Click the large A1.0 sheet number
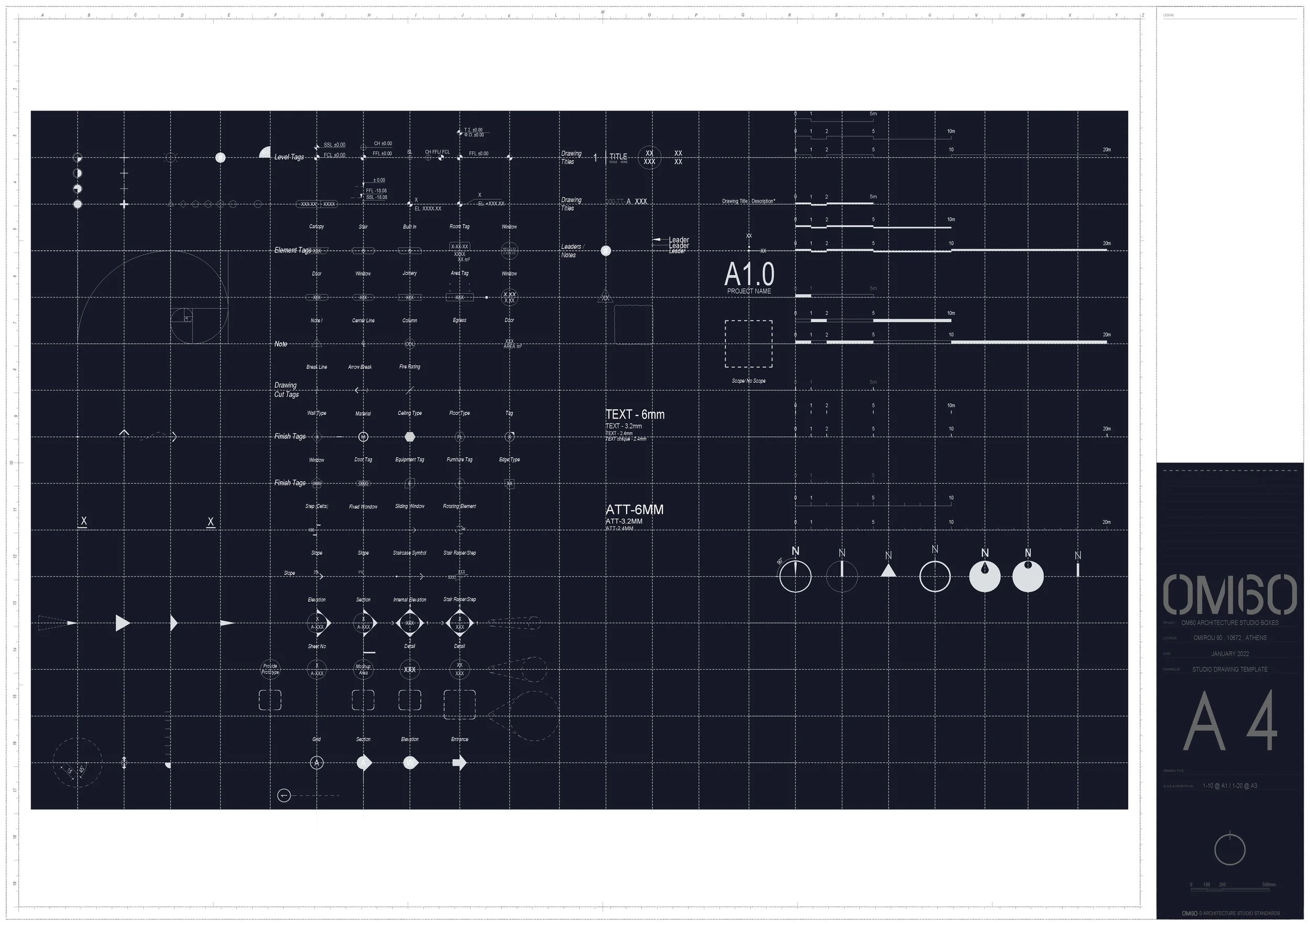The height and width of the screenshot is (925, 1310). tap(749, 274)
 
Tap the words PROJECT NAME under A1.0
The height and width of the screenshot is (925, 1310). tap(749, 291)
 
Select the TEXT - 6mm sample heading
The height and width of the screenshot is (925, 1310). tap(635, 415)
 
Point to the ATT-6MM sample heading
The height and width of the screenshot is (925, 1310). tap(634, 510)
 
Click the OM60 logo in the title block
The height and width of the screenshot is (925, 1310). tap(1229, 595)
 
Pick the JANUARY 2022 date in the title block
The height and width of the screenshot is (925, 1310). tap(1229, 654)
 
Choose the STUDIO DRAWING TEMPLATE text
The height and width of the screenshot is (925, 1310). tap(1229, 669)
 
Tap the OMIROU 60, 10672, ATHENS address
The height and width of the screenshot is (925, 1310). tap(1229, 638)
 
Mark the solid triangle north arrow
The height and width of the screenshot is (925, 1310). tap(888, 571)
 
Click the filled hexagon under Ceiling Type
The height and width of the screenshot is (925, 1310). tap(410, 437)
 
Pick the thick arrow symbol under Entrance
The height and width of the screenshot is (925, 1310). tap(460, 763)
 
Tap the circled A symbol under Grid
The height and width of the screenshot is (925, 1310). tap(316, 763)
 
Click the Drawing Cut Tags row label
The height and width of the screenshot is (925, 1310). tap(287, 390)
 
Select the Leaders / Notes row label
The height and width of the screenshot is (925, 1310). tap(572, 251)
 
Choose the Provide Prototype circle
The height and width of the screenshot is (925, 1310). tap(270, 669)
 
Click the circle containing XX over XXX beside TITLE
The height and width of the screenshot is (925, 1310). tap(649, 158)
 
